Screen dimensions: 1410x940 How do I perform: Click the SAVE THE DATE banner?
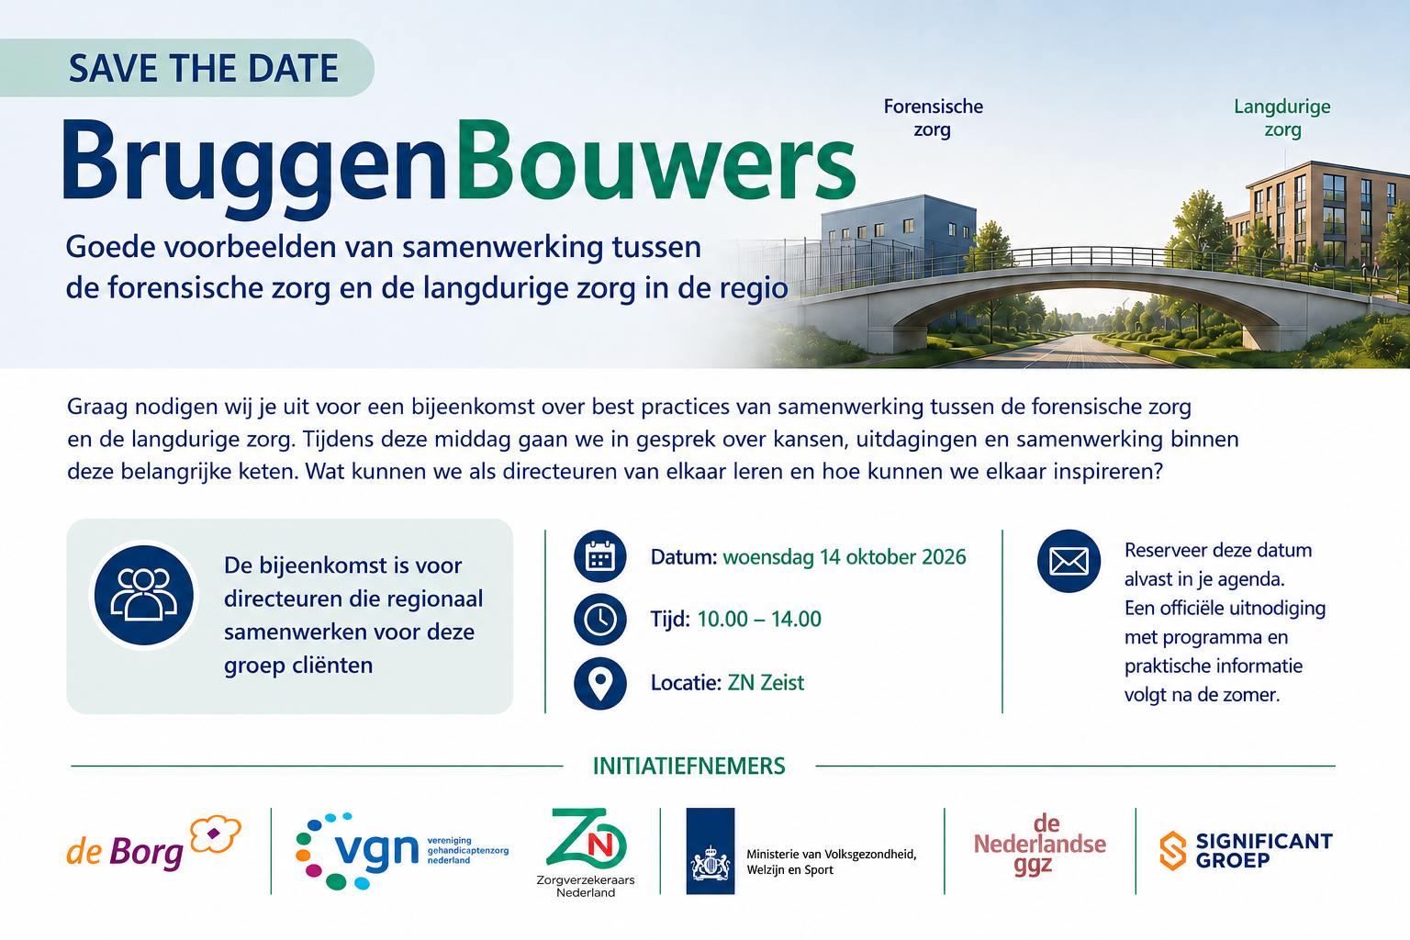[x=187, y=68]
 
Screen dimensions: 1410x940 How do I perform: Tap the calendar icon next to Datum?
[x=599, y=556]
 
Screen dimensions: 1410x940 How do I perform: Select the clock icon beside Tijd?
[x=599, y=620]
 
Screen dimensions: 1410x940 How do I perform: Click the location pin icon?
[x=599, y=683]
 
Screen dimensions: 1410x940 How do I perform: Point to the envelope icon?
[x=1069, y=561]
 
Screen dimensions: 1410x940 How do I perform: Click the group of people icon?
[x=144, y=595]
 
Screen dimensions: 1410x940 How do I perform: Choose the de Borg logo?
[x=153, y=845]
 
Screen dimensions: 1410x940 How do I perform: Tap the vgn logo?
[x=401, y=851]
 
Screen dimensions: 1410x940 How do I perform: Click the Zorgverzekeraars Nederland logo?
[x=586, y=853]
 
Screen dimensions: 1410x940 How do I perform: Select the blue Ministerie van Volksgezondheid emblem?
[x=710, y=851]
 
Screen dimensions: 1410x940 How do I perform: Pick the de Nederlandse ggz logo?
[x=1040, y=845]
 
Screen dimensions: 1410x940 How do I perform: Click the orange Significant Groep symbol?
[x=1172, y=851]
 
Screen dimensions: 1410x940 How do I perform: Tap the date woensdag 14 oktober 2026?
[x=845, y=557]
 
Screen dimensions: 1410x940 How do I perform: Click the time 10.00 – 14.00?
[x=759, y=619]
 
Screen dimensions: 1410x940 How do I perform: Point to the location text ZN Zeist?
[x=766, y=682]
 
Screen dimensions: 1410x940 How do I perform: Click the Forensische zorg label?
[x=933, y=117]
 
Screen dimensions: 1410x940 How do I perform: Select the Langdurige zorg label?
[x=1282, y=117]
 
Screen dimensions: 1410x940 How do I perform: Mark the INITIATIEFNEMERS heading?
[x=689, y=767]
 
